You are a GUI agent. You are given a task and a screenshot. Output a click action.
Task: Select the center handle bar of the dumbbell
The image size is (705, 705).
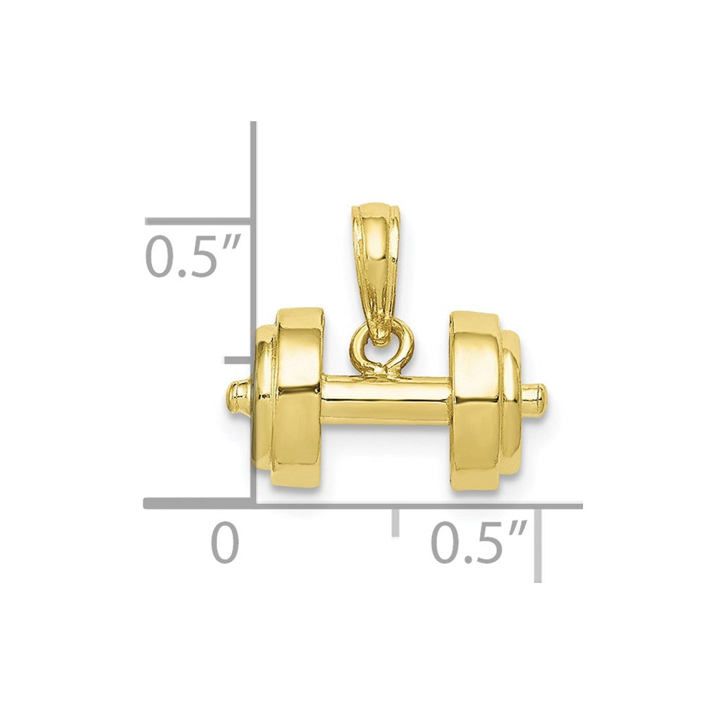click(386, 400)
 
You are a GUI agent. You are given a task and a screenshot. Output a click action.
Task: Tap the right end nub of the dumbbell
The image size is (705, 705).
click(536, 400)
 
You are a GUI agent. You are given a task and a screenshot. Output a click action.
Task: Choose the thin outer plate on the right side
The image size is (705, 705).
click(511, 402)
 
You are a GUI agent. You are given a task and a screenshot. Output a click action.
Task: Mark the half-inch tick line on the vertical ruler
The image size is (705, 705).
click(199, 221)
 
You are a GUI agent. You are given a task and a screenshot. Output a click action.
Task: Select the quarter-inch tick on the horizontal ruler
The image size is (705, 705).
click(396, 520)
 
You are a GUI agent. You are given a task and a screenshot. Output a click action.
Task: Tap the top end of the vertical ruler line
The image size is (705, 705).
click(254, 124)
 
